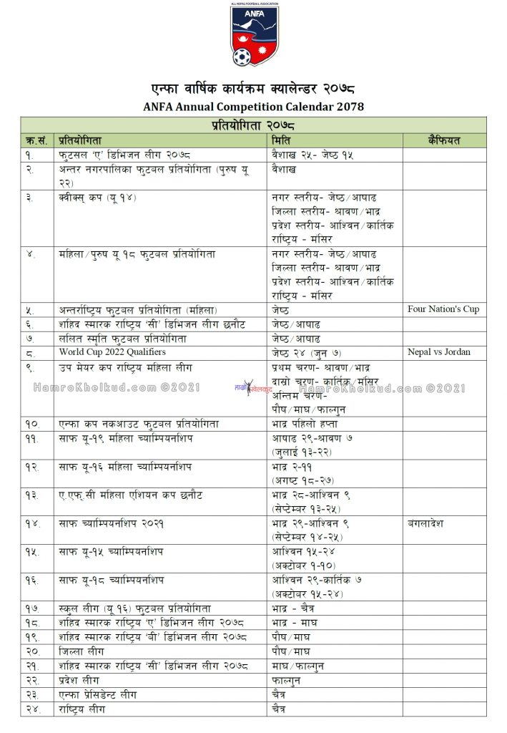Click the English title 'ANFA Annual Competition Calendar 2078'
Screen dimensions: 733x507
[x=253, y=107]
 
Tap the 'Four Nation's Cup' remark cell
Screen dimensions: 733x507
[x=443, y=309]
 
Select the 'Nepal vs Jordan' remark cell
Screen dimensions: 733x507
[x=439, y=351]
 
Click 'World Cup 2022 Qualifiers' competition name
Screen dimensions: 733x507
[x=112, y=351]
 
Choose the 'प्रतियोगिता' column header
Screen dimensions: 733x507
[x=82, y=140]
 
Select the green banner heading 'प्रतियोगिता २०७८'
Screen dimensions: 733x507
[x=253, y=125]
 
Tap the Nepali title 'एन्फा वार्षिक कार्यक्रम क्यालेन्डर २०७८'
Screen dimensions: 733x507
[x=253, y=89]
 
